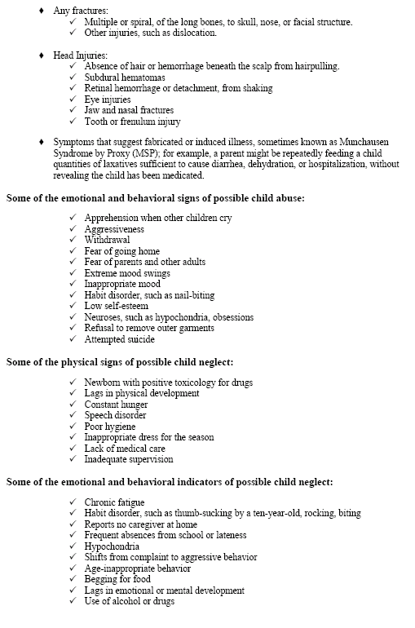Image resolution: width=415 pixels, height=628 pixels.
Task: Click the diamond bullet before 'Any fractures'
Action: tap(42, 11)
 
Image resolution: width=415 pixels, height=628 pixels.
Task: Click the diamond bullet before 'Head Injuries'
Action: tap(42, 54)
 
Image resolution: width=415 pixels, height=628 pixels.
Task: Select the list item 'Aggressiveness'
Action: tap(117, 230)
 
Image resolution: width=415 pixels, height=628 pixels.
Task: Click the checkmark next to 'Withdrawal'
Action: tap(75, 241)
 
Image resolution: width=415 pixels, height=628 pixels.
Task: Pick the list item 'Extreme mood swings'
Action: tap(127, 273)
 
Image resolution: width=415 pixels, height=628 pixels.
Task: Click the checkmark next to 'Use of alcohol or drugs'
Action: tap(75, 601)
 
